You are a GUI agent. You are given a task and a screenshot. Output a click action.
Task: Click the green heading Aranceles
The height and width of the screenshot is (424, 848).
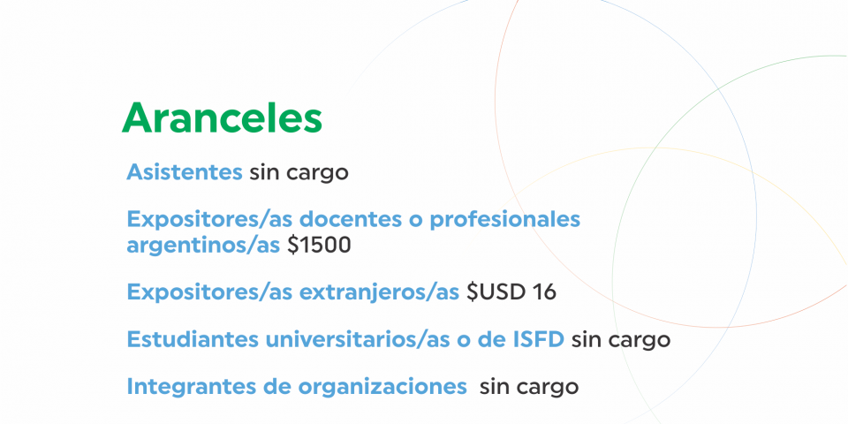coord(222,117)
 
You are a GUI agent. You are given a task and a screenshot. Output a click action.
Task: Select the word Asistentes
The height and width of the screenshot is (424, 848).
coord(185,172)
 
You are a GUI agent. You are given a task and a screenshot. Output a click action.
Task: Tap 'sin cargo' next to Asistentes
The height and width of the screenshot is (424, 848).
coord(299,174)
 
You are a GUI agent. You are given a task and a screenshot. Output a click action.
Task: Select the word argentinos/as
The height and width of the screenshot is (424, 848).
coord(203,246)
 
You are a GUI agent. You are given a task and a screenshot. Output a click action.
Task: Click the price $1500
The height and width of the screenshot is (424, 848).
coord(319,245)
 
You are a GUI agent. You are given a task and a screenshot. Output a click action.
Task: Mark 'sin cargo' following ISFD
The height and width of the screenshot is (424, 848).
coord(621,341)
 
